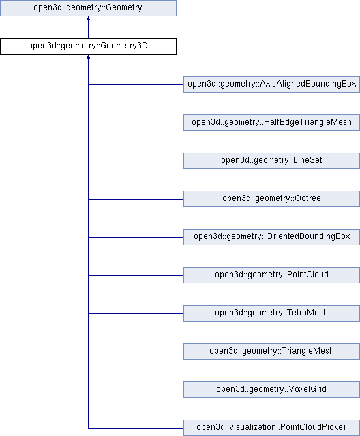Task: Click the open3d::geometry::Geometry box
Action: pyautogui.click(x=88, y=8)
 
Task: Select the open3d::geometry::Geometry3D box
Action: pyautogui.click(x=88, y=46)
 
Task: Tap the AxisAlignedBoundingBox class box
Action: pyautogui.click(x=271, y=84)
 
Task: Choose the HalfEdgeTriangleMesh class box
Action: pyautogui.click(x=271, y=123)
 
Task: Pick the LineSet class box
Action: pyautogui.click(x=271, y=161)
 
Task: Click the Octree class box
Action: pyautogui.click(x=271, y=198)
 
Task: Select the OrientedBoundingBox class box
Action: pyautogui.click(x=271, y=236)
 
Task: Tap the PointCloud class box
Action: pyautogui.click(x=271, y=275)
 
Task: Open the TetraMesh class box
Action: pyautogui.click(x=271, y=313)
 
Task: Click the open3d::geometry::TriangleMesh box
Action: pyautogui.click(x=271, y=352)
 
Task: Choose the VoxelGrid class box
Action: pyautogui.click(x=271, y=389)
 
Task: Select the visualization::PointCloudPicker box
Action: pyautogui.click(x=271, y=427)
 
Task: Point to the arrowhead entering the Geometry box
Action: pyautogui.click(x=88, y=18)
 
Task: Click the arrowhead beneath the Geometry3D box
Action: pyautogui.click(x=88, y=57)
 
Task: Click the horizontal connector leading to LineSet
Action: pyautogui.click(x=136, y=161)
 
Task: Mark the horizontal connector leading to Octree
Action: pyautogui.click(x=136, y=199)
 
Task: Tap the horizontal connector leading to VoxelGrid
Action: pyautogui.click(x=136, y=390)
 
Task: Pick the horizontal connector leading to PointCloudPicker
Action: pyautogui.click(x=136, y=428)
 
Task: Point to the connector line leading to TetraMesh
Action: pyautogui.click(x=136, y=313)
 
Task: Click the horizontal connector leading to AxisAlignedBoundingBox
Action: pyautogui.click(x=136, y=84)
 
